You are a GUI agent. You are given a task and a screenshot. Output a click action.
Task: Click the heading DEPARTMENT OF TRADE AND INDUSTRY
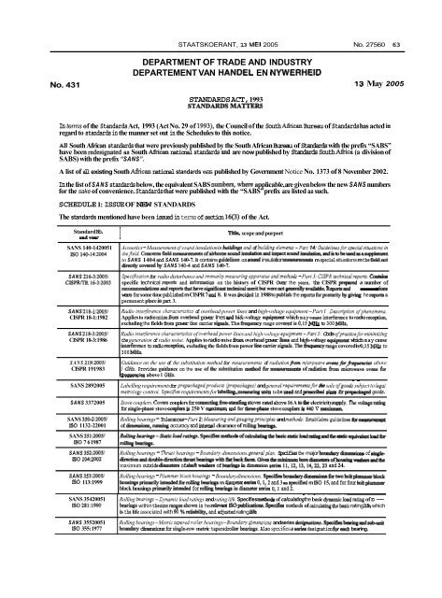[x=221, y=35]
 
